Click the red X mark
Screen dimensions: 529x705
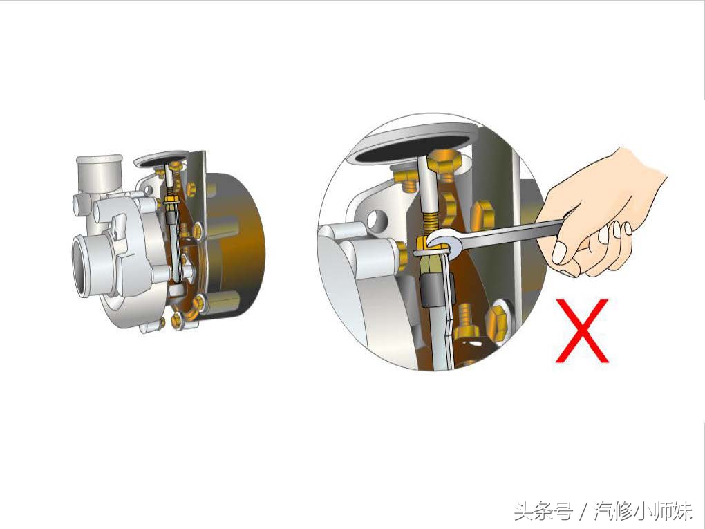click(x=582, y=331)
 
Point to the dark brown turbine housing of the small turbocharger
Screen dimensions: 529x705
click(x=238, y=242)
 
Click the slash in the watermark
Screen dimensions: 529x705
click(x=583, y=512)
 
